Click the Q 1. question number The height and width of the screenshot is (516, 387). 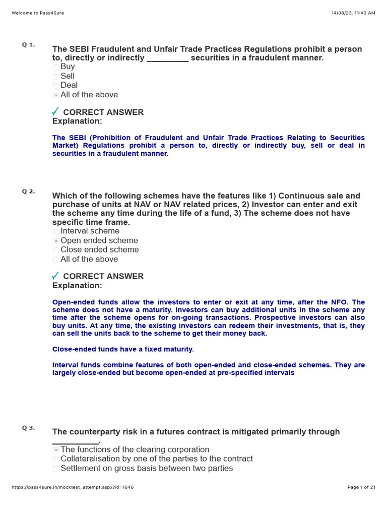28,45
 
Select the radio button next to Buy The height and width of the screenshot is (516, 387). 56,67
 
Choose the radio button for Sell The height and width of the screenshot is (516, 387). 56,77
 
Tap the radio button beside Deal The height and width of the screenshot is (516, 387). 56,86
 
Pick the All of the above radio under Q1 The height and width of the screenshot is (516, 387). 56,95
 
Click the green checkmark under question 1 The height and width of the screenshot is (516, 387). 55,111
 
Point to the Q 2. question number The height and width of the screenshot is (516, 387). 28,191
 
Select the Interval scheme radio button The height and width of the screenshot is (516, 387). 56,232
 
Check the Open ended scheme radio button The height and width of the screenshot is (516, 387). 56,241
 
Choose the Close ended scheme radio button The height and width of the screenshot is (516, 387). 56,250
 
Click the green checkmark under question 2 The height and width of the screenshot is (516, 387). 55,276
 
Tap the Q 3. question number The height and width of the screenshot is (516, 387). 28,428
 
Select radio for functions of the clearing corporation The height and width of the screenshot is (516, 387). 56,450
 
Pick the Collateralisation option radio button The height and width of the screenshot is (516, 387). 56,460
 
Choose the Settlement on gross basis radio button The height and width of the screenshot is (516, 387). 56,469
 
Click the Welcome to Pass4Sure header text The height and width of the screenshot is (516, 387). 38,13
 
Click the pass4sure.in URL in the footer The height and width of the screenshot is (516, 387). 72,487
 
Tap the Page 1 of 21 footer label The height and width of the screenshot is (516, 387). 361,487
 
